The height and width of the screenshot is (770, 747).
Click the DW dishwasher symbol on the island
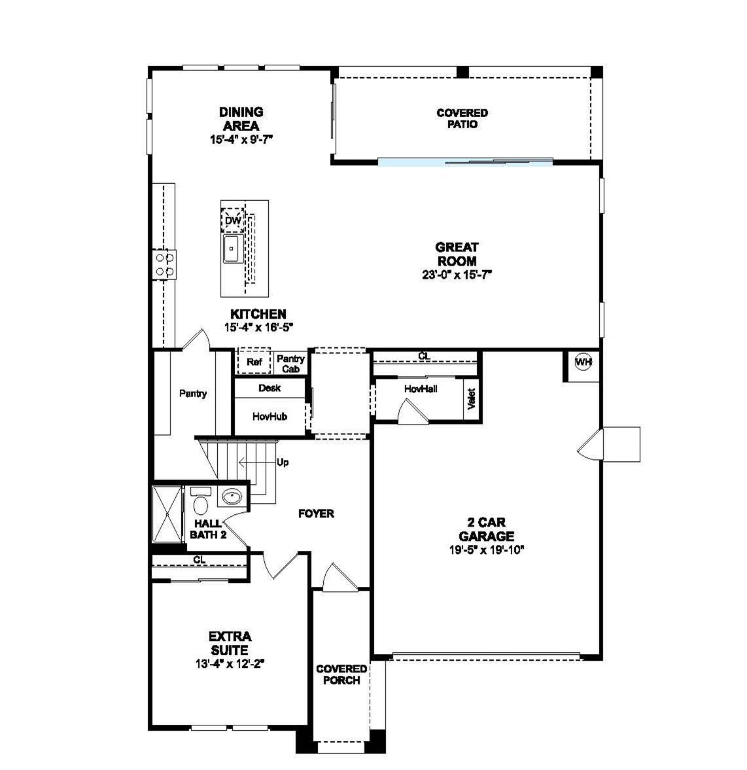click(233, 221)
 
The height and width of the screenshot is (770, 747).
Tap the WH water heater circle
click(583, 362)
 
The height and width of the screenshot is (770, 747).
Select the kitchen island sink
click(232, 249)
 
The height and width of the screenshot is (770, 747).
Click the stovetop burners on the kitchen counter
click(164, 264)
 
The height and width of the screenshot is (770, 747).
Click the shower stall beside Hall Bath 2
click(166, 514)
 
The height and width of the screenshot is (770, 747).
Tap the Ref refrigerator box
click(254, 362)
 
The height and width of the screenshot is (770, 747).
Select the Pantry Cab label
click(290, 364)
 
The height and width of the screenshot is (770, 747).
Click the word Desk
click(269, 388)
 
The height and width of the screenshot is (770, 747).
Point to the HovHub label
click(269, 416)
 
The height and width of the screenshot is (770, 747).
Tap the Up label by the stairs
click(283, 463)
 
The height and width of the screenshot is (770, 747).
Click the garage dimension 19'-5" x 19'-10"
click(487, 550)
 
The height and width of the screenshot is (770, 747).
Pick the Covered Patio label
click(462, 118)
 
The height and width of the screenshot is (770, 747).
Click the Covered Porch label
click(341, 674)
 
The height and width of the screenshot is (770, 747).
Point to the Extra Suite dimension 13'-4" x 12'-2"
click(229, 663)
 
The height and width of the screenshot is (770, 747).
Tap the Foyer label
click(316, 514)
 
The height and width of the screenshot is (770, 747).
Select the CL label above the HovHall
click(425, 356)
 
